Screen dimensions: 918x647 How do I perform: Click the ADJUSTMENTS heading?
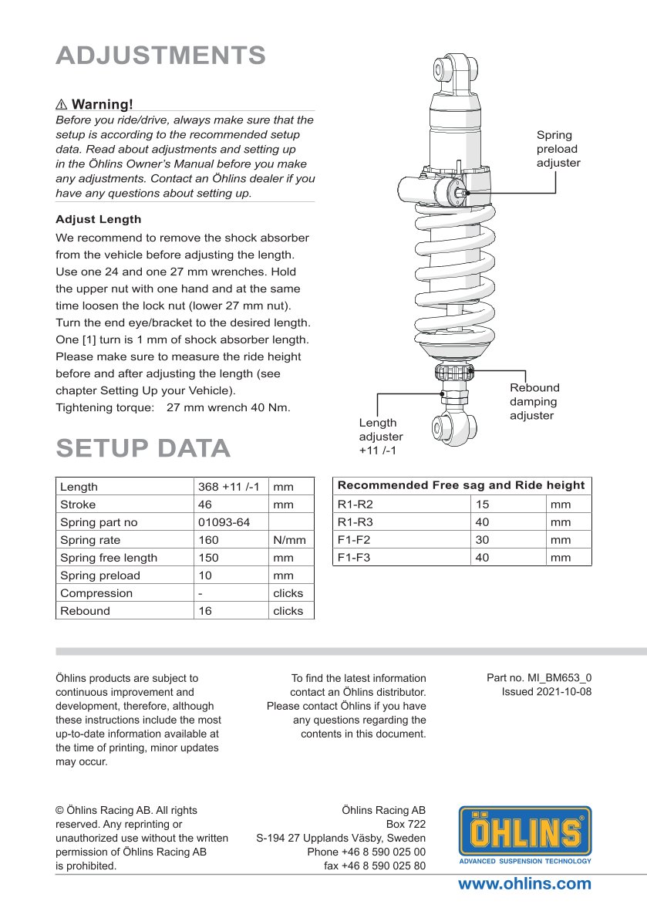[161, 56]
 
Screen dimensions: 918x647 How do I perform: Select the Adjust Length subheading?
[98, 219]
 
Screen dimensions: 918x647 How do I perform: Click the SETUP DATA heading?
[143, 447]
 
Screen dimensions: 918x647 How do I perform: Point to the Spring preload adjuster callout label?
[558, 149]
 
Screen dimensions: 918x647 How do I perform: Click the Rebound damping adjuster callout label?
[534, 401]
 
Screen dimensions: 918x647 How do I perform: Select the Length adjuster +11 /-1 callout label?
[381, 436]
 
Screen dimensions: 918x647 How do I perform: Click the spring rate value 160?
[208, 540]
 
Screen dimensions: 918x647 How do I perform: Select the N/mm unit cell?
[289, 540]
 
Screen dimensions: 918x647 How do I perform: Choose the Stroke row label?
[78, 505]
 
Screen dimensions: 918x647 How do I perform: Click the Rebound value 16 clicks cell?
[207, 611]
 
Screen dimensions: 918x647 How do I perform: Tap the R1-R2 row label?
[355, 505]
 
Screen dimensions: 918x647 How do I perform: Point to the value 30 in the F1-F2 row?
[482, 540]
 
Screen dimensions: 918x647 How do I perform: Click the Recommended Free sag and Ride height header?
[461, 485]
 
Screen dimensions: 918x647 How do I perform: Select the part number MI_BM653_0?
[539, 678]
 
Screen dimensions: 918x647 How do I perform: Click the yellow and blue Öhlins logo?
[525, 834]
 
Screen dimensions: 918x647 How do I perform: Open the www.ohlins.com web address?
[524, 884]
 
